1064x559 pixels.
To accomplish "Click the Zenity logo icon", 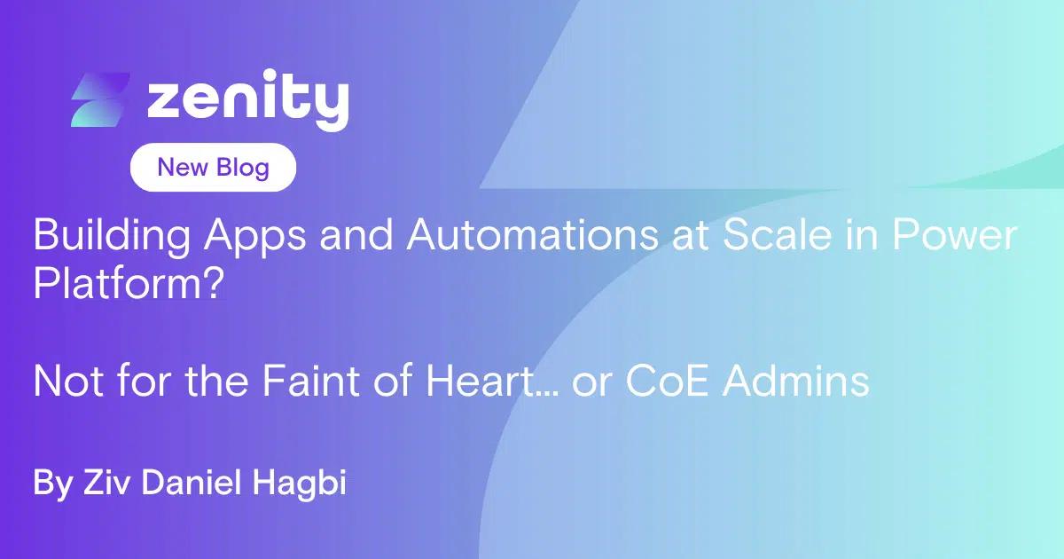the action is pos(100,99).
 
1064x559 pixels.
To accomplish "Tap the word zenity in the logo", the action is pos(248,99).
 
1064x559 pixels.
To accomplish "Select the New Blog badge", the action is pos(213,168).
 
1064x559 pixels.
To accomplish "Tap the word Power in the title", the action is pos(955,234).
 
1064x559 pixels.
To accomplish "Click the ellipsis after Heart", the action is pos(547,392).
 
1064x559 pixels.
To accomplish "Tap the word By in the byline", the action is pos(52,484).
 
